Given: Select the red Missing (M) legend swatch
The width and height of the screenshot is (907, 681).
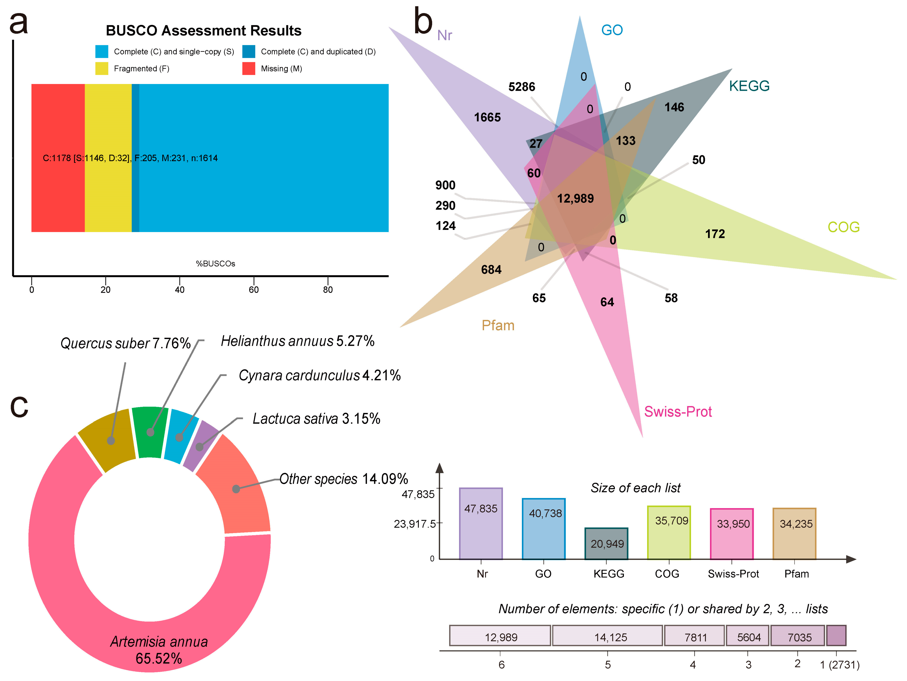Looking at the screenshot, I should [249, 68].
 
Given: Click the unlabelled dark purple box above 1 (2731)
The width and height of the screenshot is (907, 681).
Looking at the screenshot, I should [836, 636].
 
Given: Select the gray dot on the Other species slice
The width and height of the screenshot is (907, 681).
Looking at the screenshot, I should [236, 489].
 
